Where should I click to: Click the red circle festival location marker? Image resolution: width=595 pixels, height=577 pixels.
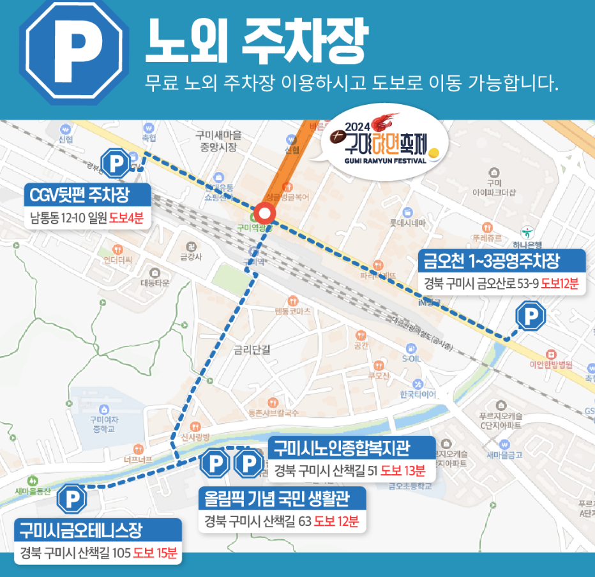coord(264,214)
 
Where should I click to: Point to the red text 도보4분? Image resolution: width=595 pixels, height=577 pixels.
coord(126,217)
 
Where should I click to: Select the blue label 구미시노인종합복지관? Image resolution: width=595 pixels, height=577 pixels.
coord(350,447)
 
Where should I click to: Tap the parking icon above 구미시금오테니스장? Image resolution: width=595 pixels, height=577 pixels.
coord(72,499)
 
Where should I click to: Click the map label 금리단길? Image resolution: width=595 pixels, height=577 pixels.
coord(252,350)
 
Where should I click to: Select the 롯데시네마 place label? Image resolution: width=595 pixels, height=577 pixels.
coord(407,223)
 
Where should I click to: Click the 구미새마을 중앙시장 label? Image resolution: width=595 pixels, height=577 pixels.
coord(218,141)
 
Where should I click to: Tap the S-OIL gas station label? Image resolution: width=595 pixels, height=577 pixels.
coord(411,358)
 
